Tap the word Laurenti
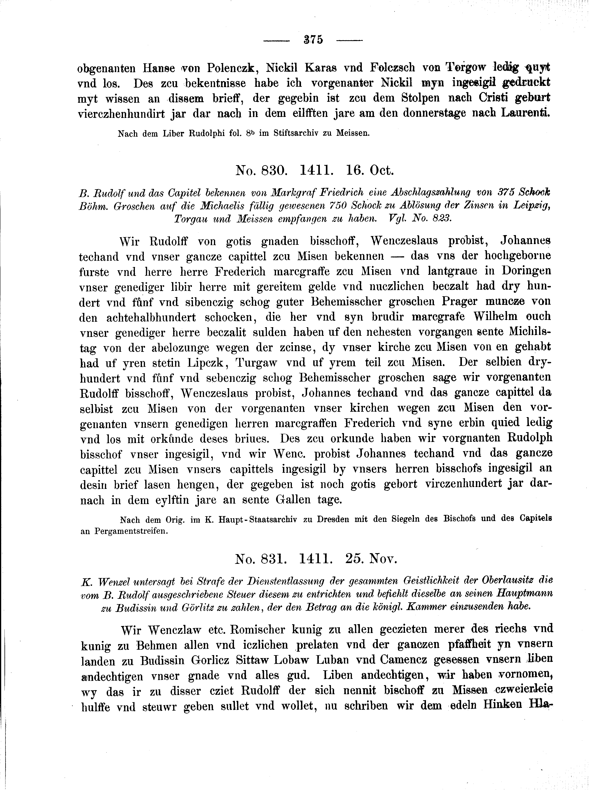[x=526, y=113]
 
